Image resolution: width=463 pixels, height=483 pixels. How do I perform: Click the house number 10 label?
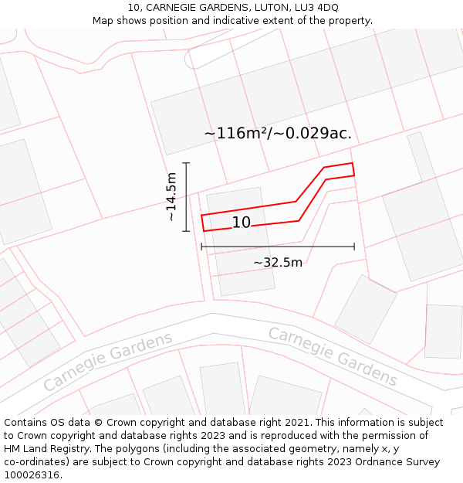pyautogui.click(x=242, y=223)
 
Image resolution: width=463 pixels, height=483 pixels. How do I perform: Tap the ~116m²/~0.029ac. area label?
pyautogui.click(x=278, y=133)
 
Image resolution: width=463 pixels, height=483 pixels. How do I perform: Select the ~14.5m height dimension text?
pyautogui.click(x=171, y=197)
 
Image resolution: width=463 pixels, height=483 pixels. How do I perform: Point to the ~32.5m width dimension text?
pyautogui.click(x=278, y=262)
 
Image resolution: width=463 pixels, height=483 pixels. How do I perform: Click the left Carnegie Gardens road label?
pyautogui.click(x=108, y=362)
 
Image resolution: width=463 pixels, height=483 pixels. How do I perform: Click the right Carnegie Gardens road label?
pyautogui.click(x=333, y=356)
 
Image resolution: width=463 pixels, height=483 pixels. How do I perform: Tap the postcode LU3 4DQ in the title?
pyautogui.click(x=316, y=8)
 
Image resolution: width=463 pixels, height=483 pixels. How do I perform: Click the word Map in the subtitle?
pyautogui.click(x=104, y=21)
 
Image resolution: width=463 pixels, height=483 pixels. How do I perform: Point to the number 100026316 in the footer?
pyautogui.click(x=32, y=475)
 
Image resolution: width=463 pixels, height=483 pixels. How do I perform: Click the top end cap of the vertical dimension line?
pyautogui.click(x=186, y=163)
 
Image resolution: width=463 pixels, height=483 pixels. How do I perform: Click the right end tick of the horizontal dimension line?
pyautogui.click(x=354, y=247)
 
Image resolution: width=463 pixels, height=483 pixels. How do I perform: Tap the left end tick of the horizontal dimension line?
pyautogui.click(x=201, y=247)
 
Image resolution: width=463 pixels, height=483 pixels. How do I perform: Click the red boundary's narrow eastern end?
pyautogui.click(x=353, y=169)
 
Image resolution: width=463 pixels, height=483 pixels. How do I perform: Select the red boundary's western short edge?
pyautogui.click(x=202, y=223)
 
